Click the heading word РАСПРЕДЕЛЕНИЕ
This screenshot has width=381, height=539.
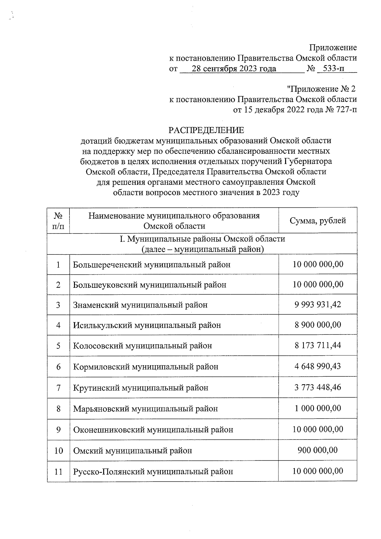point(206,130)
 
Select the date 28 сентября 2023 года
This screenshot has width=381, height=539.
point(234,69)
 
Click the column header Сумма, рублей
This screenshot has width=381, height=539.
point(318,221)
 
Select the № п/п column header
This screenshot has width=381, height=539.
point(58,221)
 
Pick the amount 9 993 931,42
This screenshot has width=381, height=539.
point(318,305)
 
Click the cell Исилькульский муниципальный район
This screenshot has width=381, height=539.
point(147,325)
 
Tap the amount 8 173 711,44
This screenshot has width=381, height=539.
point(318,345)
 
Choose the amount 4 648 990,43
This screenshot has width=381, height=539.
point(318,366)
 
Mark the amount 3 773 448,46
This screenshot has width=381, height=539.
point(318,387)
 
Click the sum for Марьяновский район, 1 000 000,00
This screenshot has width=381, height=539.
point(318,408)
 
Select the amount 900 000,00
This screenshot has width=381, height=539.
point(318,450)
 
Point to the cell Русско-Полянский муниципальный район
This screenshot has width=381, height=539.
point(153,471)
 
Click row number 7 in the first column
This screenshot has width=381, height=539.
point(58,387)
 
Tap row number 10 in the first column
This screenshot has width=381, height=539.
point(58,450)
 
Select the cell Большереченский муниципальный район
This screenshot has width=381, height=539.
point(152,265)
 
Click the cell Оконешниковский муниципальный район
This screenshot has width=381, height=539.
point(153,430)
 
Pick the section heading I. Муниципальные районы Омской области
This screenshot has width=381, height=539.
point(202,239)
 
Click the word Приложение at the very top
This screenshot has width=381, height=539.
point(333,48)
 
